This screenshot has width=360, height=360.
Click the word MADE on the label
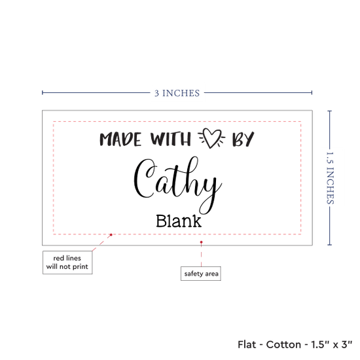coord(120,139)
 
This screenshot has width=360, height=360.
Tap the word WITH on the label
coord(171,139)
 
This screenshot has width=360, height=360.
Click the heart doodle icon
coord(211,138)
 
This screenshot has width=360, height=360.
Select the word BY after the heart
coord(243,139)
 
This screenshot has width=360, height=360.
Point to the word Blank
coord(179,221)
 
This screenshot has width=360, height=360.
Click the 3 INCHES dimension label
coord(177,93)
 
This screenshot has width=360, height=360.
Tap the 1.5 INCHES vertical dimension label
coord(330,178)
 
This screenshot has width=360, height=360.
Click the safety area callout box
coord(201,274)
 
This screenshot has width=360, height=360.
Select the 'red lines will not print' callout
coord(67,262)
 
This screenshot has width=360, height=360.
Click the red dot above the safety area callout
coord(201,242)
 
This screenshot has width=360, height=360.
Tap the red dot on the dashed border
coord(111,234)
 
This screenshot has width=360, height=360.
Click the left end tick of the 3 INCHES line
coord(43,92)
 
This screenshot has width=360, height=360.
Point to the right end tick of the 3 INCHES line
coord(312,92)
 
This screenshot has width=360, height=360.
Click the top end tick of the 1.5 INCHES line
coord(329,111)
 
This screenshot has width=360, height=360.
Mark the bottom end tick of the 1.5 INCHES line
coord(329,245)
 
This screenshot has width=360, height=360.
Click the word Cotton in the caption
coord(283,344)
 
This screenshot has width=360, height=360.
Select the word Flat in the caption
coord(247,344)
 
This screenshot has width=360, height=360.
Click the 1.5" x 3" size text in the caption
coord(331,344)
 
